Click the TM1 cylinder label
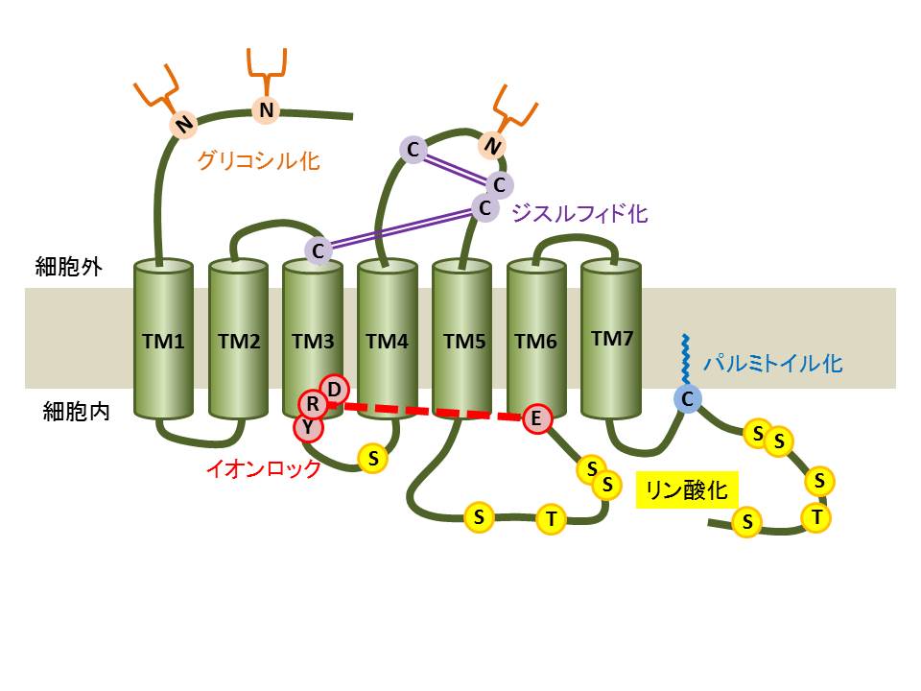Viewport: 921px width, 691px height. coord(162,341)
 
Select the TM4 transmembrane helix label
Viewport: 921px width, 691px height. coord(388,341)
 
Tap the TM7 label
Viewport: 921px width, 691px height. coord(612,338)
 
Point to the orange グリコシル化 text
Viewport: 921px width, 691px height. coord(258,159)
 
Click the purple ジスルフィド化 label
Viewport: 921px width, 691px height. coord(579,213)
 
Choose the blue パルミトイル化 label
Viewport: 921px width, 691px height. coord(772,364)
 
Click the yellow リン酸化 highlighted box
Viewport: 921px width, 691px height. coord(686,491)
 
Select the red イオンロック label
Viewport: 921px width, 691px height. coord(264,469)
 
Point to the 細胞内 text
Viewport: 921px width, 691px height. coord(76,412)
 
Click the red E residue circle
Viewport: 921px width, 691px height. coord(537,418)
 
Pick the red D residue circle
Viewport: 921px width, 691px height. coord(335,388)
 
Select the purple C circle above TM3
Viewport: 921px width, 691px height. coord(319,250)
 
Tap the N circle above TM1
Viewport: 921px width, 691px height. coord(182,123)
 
